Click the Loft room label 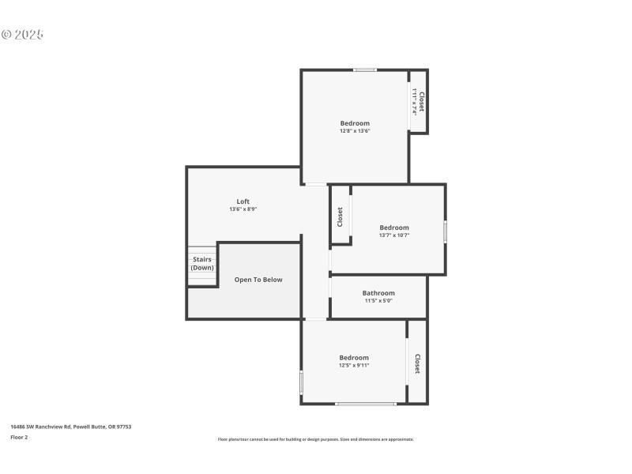tap(243, 201)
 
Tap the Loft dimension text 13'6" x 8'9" tap(243, 209)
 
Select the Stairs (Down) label tap(202, 263)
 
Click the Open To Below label tap(258, 280)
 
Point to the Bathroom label tap(378, 293)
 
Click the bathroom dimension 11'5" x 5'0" tap(378, 301)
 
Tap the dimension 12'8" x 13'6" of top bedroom tap(355, 131)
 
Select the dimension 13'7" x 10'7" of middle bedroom tap(394, 235)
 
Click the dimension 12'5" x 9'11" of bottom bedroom tap(354, 365)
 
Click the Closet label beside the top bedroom tap(422, 101)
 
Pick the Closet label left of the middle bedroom tap(340, 216)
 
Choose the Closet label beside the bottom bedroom tap(417, 363)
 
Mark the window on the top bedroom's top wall tap(365, 70)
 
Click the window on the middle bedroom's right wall tap(446, 231)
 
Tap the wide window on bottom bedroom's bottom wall tap(366, 404)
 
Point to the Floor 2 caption tap(19, 437)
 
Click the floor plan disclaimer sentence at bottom tap(315, 439)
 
